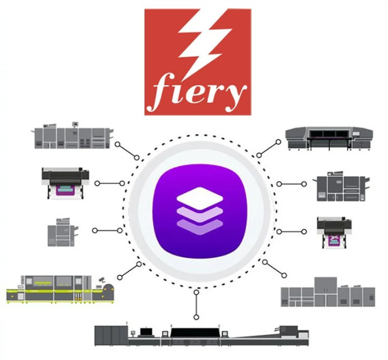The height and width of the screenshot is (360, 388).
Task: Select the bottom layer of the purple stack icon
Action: [x=200, y=226]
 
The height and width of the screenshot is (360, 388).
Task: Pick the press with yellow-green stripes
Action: [x=60, y=289]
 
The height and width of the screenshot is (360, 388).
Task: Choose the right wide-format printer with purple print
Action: [x=335, y=233]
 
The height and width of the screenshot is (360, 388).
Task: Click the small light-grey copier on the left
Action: [x=63, y=233]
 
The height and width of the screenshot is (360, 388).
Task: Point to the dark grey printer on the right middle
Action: [x=341, y=185]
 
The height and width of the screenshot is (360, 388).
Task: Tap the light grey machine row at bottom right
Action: [x=328, y=292]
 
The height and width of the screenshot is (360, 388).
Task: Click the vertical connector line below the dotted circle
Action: [x=196, y=304]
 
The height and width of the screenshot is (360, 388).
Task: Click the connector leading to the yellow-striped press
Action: [x=129, y=271]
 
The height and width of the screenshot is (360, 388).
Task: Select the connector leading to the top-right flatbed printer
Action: [x=268, y=148]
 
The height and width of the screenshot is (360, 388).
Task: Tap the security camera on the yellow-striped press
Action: [x=102, y=280]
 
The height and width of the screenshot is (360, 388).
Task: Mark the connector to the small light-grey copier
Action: [x=107, y=230]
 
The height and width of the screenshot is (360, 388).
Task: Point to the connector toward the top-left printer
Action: [x=128, y=151]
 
